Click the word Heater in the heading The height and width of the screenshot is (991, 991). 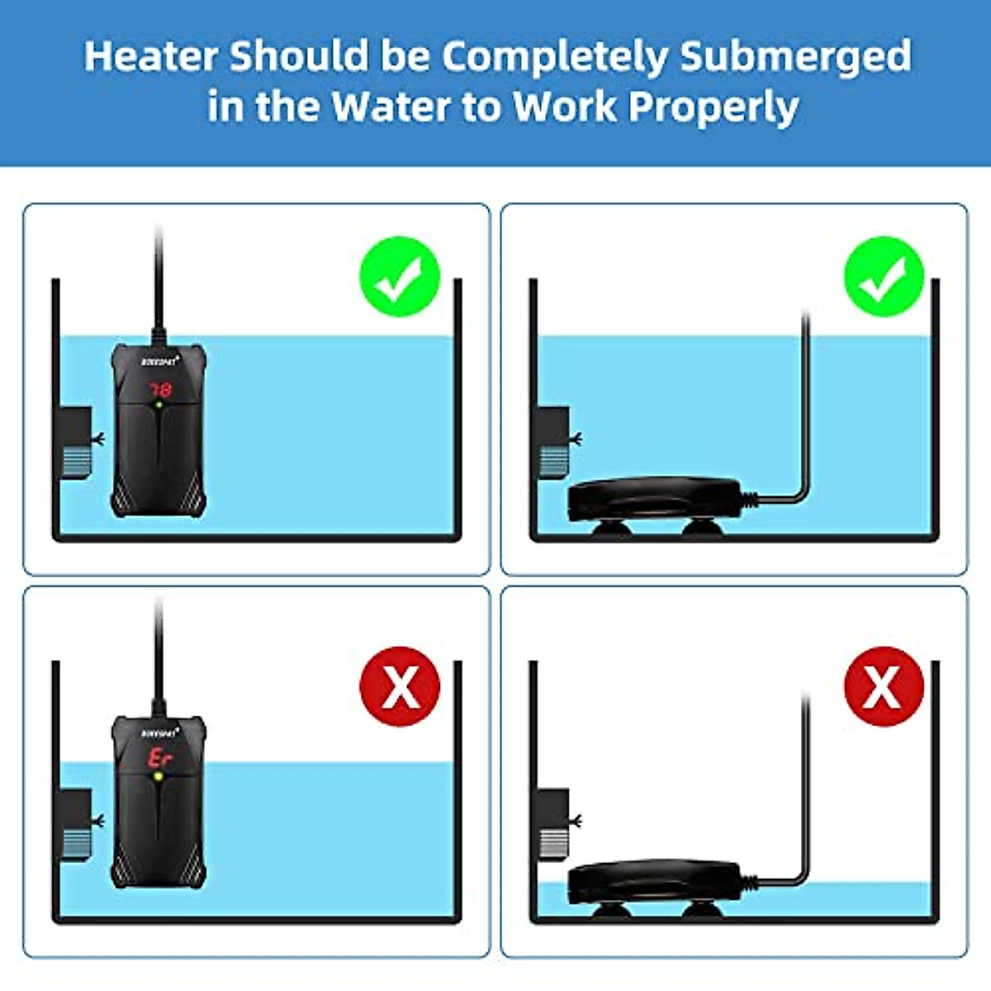[152, 56]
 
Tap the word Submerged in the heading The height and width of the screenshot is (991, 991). [795, 56]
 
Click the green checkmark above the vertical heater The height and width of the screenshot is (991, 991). [400, 277]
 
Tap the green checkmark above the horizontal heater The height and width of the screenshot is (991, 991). [884, 277]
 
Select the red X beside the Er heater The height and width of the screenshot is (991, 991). [400, 686]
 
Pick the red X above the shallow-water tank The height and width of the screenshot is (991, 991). [884, 686]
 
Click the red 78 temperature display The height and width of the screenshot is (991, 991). [159, 387]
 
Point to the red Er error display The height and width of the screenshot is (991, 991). [158, 757]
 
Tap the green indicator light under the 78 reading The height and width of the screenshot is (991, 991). [159, 405]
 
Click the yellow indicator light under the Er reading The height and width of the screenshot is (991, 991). [158, 777]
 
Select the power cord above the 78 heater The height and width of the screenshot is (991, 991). [158, 281]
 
